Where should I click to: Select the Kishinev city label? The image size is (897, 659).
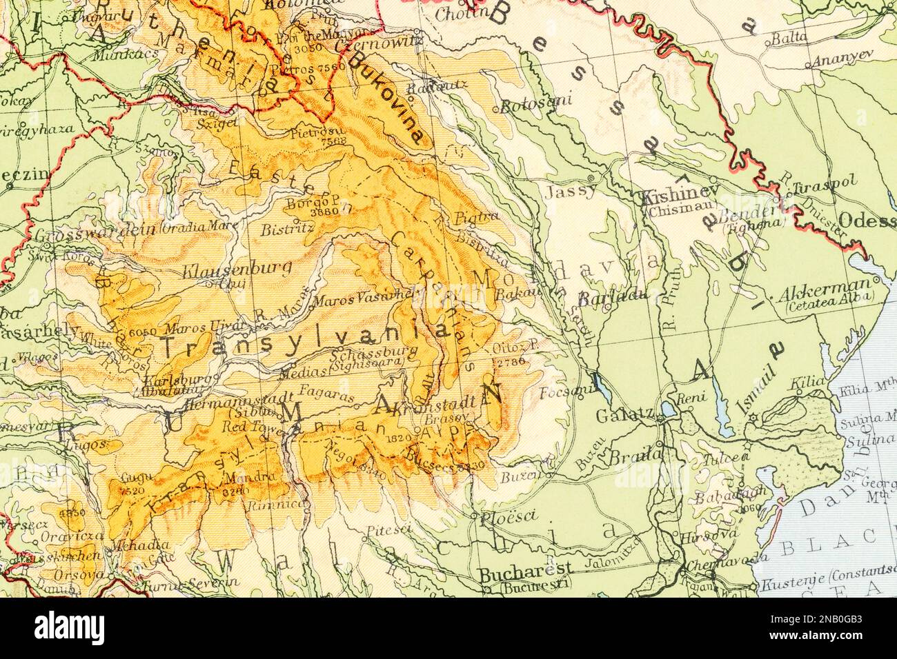[x=681, y=195]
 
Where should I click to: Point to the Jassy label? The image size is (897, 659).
[x=570, y=192]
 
